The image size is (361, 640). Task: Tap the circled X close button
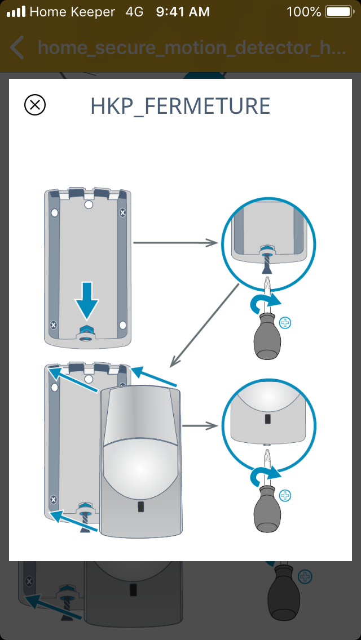(x=35, y=105)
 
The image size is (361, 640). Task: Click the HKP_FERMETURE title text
(x=180, y=106)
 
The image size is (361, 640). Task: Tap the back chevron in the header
(x=17, y=48)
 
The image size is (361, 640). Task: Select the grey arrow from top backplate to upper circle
(x=175, y=243)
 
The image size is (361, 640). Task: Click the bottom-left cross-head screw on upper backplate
(x=53, y=325)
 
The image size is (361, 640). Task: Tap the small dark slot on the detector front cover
(x=140, y=507)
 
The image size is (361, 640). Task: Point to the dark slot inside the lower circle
(x=267, y=420)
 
